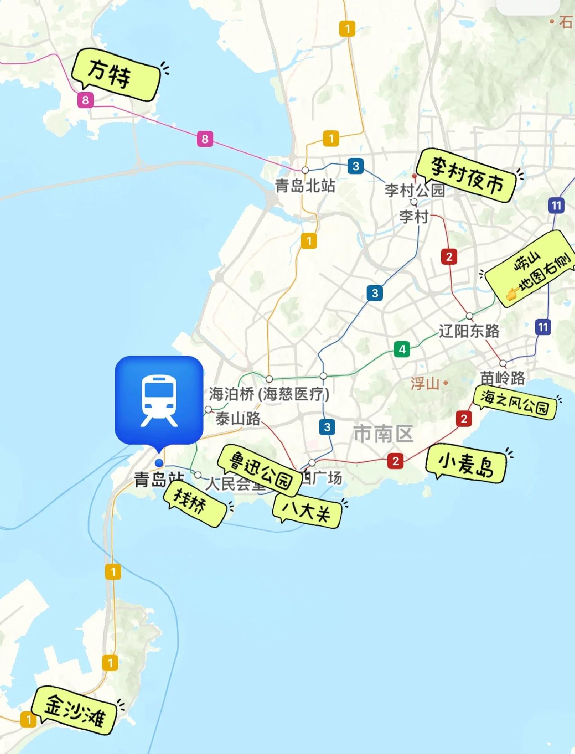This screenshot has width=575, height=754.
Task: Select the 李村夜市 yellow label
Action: point(467,176)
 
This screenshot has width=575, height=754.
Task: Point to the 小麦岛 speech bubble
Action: point(466,464)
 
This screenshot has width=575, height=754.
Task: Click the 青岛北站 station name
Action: point(305,185)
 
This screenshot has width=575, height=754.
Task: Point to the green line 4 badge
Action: point(402,349)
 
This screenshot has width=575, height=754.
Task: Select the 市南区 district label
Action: point(383,434)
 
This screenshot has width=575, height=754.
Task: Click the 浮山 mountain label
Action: point(425,384)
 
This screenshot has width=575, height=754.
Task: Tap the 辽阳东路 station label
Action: point(469,331)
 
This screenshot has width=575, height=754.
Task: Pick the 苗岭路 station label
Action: point(502,378)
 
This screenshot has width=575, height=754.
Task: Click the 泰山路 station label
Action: point(238,418)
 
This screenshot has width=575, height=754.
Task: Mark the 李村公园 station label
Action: point(414,190)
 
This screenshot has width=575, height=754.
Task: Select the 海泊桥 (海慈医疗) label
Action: point(269,394)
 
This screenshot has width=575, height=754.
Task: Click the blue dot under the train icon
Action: point(159,463)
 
